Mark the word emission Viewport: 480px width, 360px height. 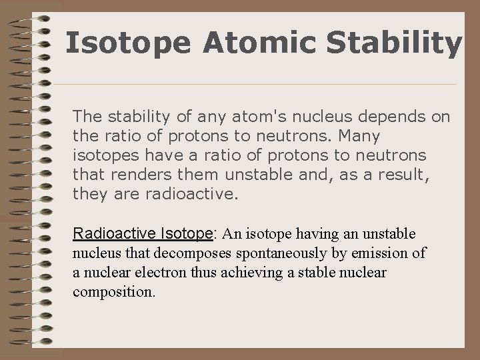point(383,253)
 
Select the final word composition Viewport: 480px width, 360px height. point(113,291)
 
